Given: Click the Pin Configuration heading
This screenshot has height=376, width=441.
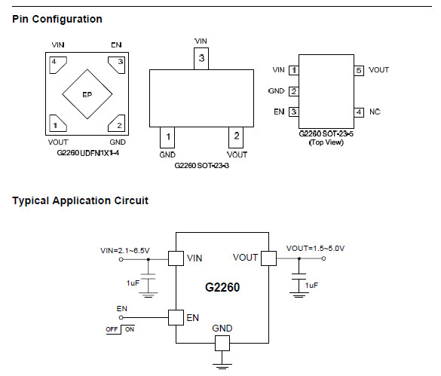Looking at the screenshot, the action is [57, 19].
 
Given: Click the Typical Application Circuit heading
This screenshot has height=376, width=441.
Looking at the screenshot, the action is [80, 200].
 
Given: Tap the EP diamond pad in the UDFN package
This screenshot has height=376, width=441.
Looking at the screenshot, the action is [87, 94].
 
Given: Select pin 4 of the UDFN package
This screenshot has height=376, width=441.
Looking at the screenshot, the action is [57, 65].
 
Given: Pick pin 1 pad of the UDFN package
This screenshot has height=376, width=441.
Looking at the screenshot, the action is [57, 123].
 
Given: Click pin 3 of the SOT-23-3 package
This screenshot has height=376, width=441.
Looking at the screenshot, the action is [201, 59].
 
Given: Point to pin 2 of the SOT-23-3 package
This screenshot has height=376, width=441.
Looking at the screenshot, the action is [236, 137].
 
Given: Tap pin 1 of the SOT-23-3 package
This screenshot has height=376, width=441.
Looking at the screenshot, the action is [167, 137].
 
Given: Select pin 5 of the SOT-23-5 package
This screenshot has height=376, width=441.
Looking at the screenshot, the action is [359, 70].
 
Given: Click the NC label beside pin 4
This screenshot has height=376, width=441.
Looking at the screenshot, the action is [375, 112].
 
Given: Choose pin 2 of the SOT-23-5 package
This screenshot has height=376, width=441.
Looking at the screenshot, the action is [294, 91].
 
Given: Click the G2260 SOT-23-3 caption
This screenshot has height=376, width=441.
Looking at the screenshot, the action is [202, 166].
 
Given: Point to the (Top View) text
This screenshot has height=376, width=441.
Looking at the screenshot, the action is [326, 142].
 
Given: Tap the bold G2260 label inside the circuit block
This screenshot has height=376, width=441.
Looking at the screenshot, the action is [222, 287].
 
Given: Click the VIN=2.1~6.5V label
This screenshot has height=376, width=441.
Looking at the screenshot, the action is [125, 251].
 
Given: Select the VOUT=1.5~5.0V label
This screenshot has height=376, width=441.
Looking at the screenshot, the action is [315, 249].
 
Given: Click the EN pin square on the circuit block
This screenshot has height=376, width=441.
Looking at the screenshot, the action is [176, 318].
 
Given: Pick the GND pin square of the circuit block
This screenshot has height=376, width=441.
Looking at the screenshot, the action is [222, 343].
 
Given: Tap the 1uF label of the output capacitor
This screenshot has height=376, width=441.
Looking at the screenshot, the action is [311, 286].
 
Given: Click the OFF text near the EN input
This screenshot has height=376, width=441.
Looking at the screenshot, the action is [112, 329].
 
